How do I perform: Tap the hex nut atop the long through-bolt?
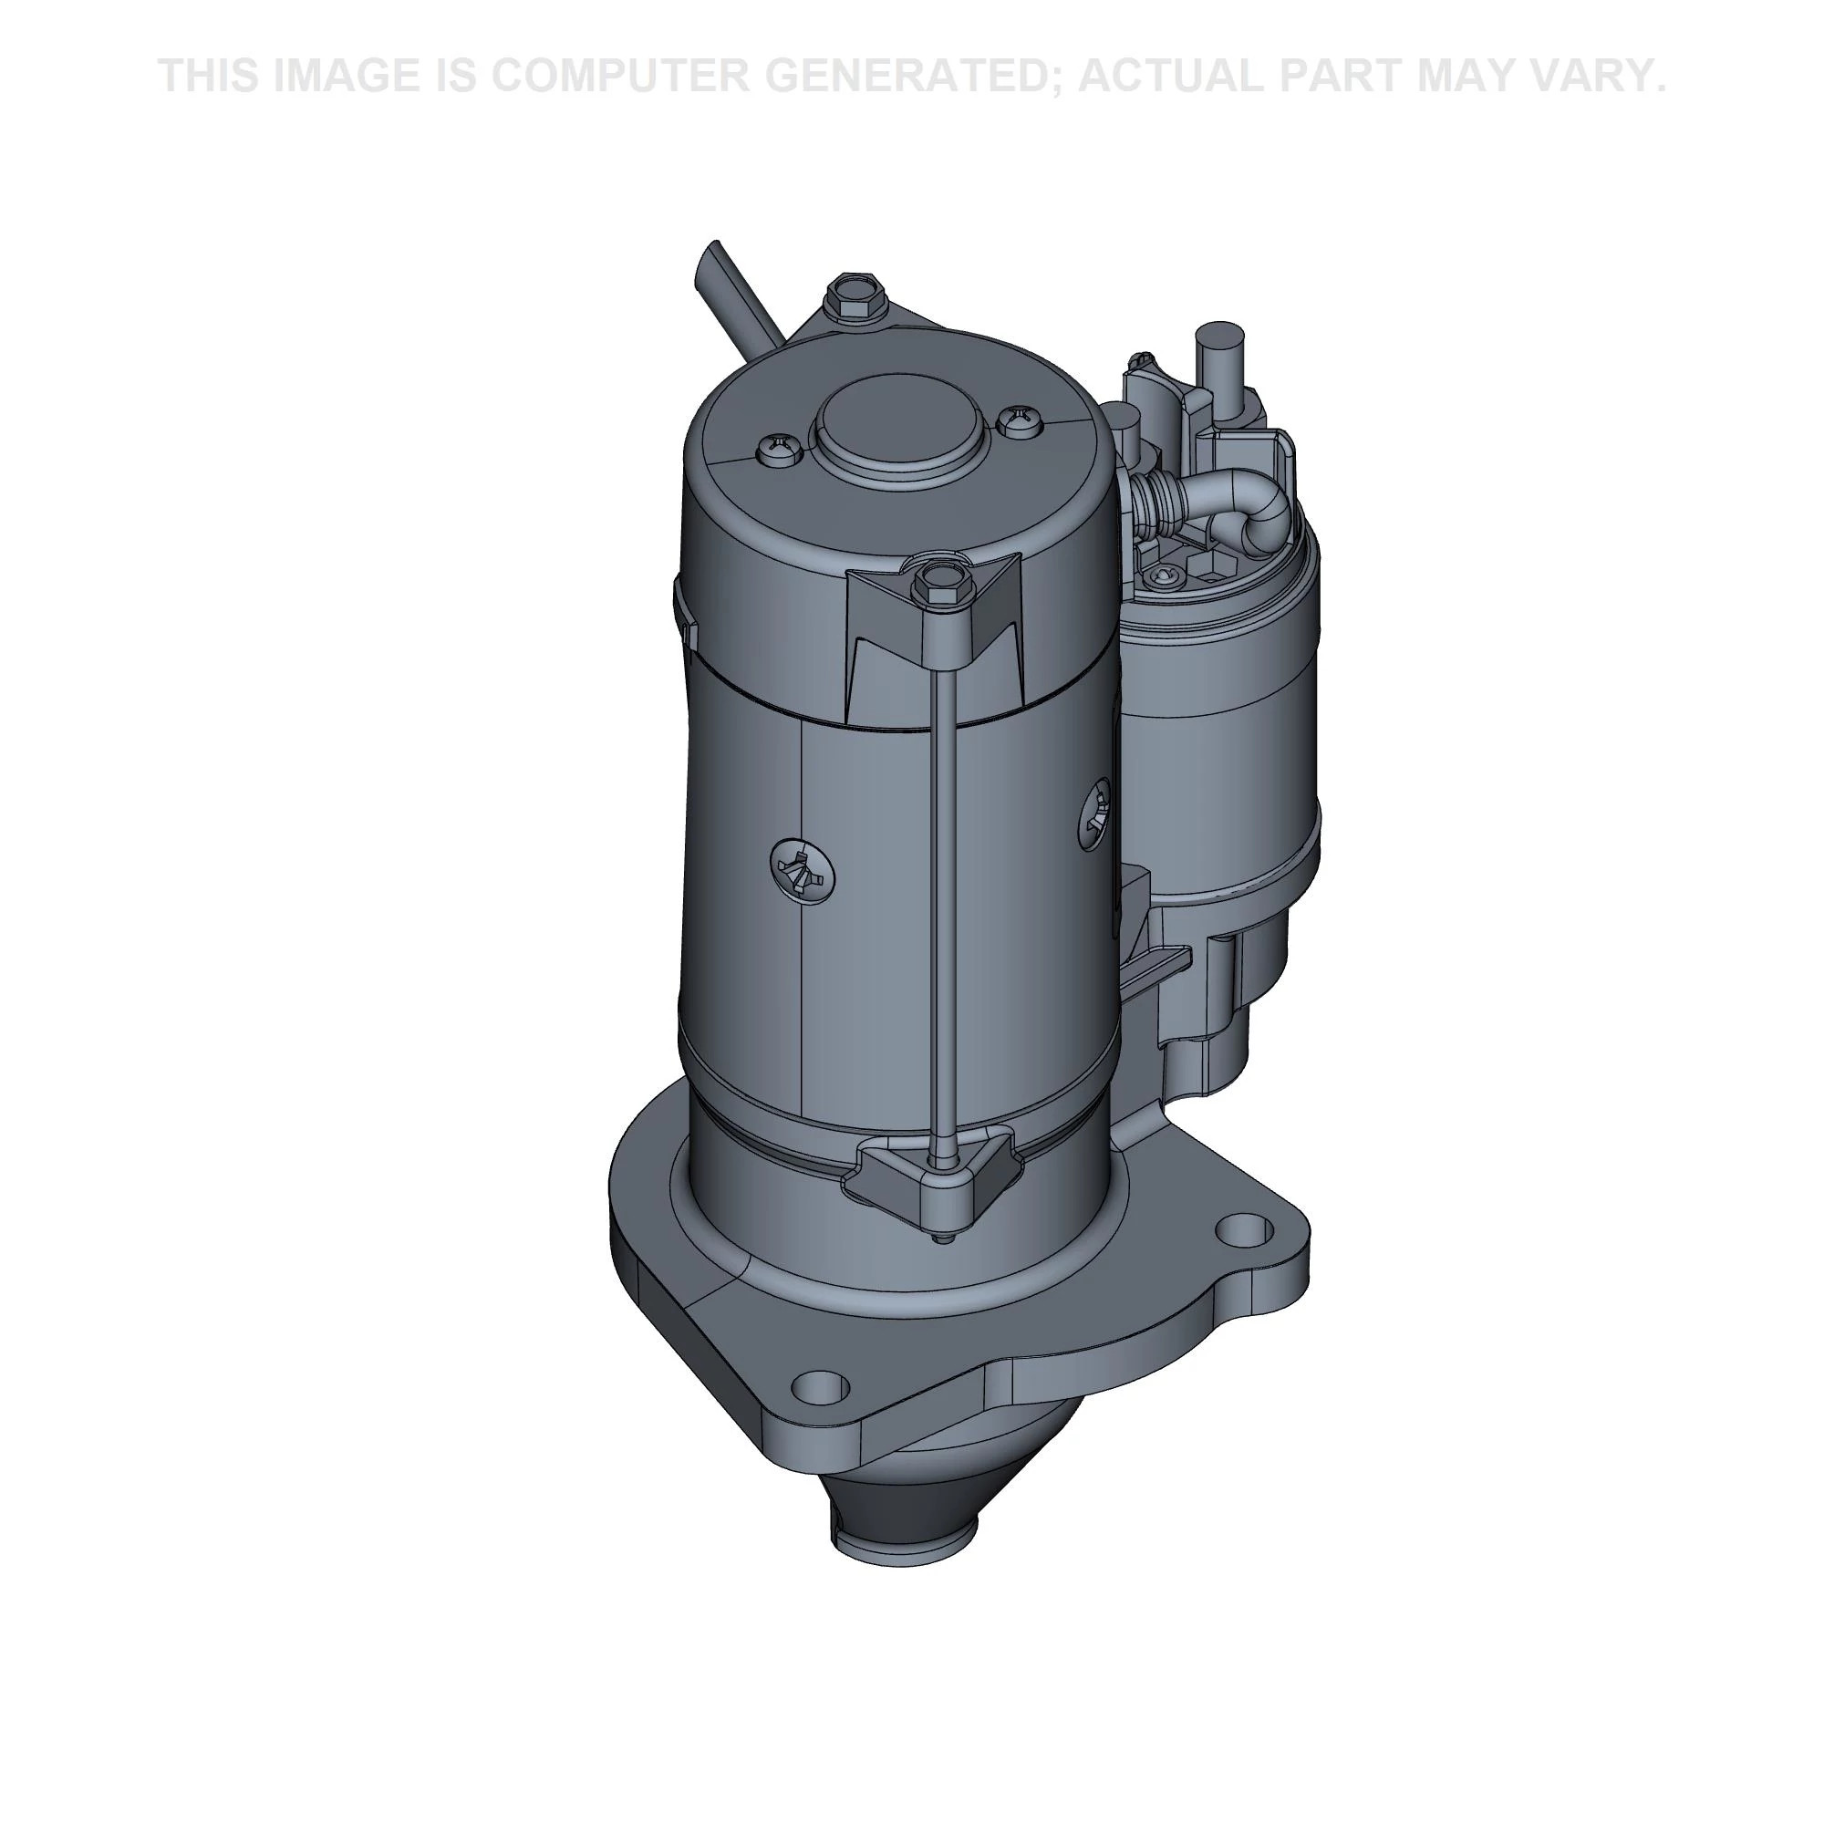[x=942, y=585]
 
